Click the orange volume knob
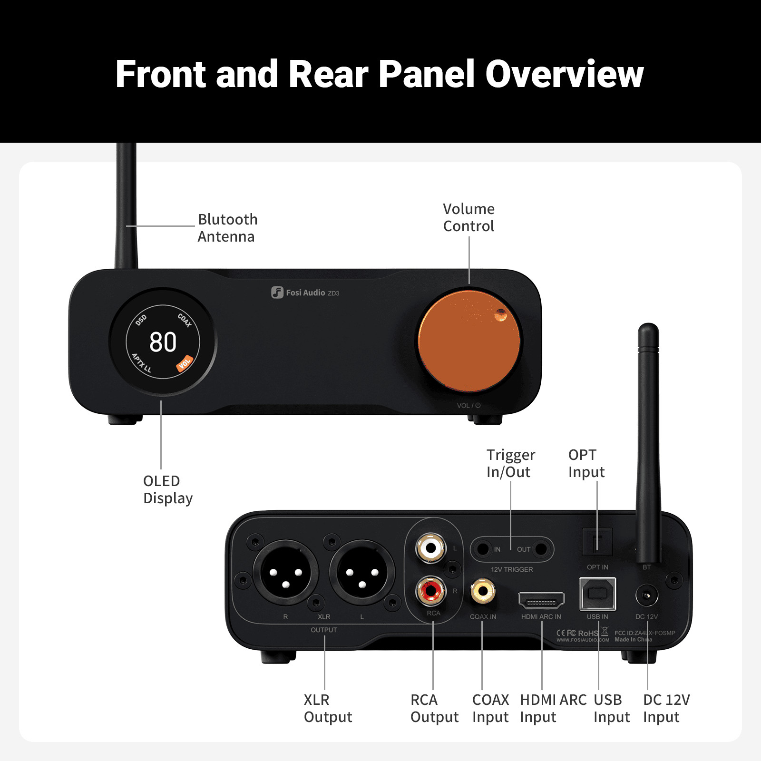(x=468, y=341)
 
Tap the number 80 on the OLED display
(x=163, y=342)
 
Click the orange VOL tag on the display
(x=185, y=363)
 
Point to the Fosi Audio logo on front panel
(x=305, y=293)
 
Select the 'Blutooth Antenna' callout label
(x=227, y=228)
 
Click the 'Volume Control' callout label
(x=468, y=217)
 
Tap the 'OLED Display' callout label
(x=167, y=489)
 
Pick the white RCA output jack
(x=431, y=548)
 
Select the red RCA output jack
(x=431, y=591)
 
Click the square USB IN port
(x=597, y=594)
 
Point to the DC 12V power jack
(x=647, y=595)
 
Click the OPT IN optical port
(x=597, y=542)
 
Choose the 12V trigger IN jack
(x=483, y=549)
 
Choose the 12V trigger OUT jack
(x=541, y=549)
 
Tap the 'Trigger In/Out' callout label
(x=510, y=463)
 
